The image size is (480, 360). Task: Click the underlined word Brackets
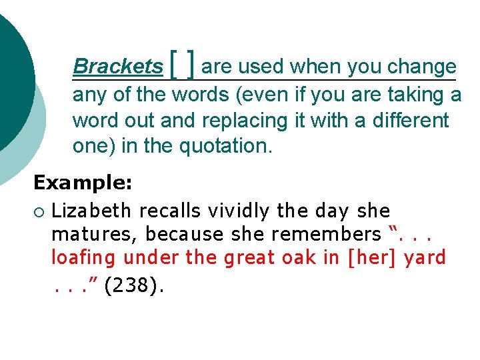click(117, 67)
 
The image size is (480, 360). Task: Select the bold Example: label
click(83, 181)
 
